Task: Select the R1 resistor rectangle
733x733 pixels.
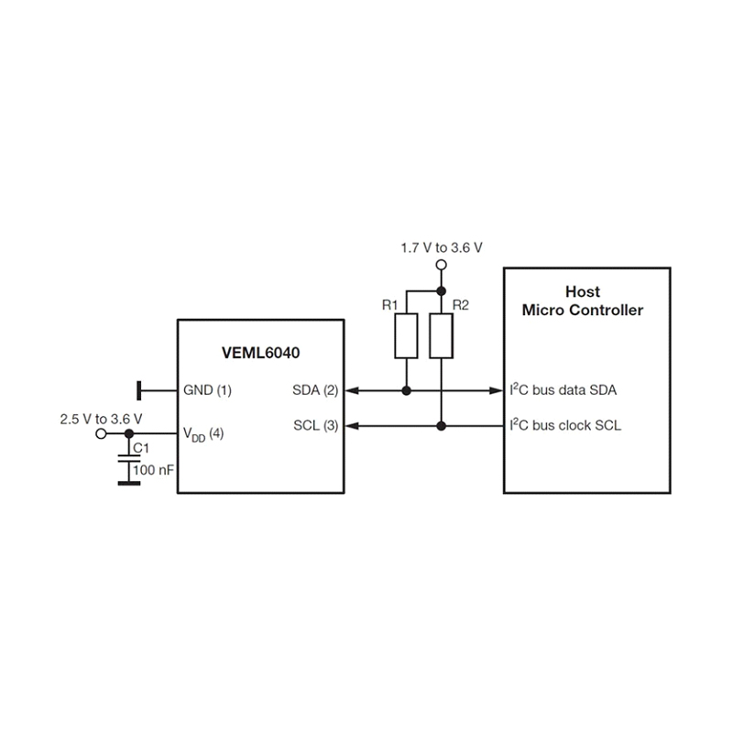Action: pos(406,335)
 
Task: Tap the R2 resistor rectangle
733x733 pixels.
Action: pos(441,335)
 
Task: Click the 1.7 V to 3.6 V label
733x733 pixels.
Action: pos(442,247)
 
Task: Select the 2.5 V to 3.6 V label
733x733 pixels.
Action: pos(100,418)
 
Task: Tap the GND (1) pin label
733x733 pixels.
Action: pos(207,390)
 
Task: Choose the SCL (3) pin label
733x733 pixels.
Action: pos(316,426)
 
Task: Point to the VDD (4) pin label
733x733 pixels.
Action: pos(203,434)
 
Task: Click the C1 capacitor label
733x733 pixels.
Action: pos(141,449)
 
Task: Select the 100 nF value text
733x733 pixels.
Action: pos(152,469)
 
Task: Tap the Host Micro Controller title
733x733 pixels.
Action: pos(582,301)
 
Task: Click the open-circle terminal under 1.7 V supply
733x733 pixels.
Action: pos(441,266)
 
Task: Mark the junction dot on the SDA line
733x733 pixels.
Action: pos(406,390)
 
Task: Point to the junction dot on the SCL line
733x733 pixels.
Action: pos(441,426)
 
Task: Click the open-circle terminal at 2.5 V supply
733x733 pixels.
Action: pos(102,433)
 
